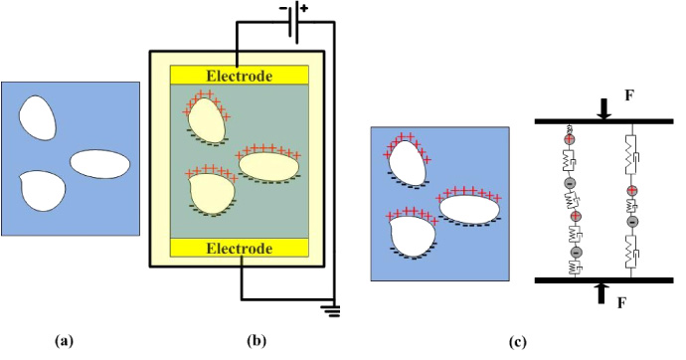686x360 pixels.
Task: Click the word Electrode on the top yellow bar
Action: tap(240, 76)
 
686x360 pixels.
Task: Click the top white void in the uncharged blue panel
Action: tap(40, 116)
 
